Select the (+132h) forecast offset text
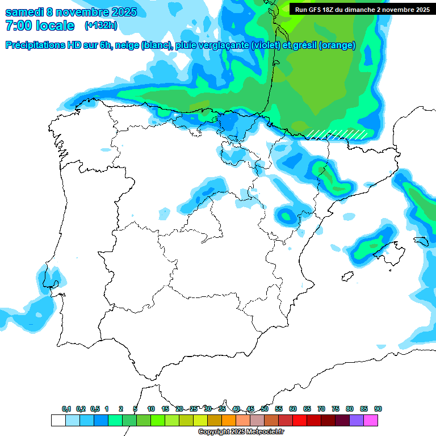click(101, 26)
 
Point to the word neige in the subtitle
click(128, 45)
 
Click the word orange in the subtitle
click(339, 45)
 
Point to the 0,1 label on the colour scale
click(66, 409)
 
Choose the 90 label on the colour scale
click(378, 409)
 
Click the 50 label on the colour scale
click(265, 409)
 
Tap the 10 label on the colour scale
click(151, 409)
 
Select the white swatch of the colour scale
click(58, 420)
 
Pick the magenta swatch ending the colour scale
click(371, 420)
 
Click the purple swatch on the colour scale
click(357, 420)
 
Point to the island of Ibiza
click(346, 276)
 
